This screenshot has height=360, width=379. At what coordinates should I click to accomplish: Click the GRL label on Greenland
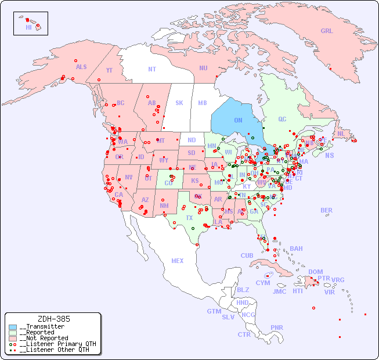pos(327,31)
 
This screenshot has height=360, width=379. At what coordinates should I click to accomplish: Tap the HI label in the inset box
pos(28,27)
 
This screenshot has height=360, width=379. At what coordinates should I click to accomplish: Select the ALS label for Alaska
pos(81,67)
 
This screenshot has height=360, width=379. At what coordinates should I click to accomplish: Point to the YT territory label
pos(109,70)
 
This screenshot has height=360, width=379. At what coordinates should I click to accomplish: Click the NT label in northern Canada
pos(152,69)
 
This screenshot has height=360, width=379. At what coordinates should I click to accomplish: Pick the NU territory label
pos(203,68)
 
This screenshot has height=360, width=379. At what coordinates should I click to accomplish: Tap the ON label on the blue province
pos(238,120)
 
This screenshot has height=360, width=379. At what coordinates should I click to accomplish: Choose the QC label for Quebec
pos(282,119)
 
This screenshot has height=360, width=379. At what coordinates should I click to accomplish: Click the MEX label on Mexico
pos(178,261)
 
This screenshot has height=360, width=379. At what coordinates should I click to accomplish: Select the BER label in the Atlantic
pos(327,210)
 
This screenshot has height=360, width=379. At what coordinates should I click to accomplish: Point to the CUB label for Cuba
pos(247,255)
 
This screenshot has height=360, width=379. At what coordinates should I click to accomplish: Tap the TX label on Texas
pos(189,218)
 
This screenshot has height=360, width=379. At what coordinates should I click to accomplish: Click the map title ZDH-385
pos(53,319)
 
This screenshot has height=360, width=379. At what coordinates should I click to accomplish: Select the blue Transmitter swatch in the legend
pos(13,327)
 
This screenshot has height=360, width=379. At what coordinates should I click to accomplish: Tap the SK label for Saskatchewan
pos(179,103)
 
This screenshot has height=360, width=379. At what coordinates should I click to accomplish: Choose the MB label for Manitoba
pos(202,103)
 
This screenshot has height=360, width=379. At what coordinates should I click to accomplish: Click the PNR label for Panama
pos(277,327)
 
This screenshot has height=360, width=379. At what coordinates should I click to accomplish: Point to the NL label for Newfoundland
pos(341,133)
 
